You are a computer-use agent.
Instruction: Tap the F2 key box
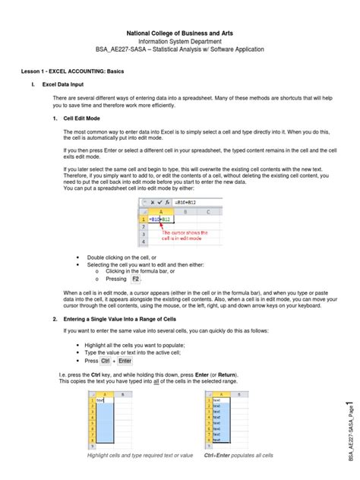[x=136, y=279]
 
